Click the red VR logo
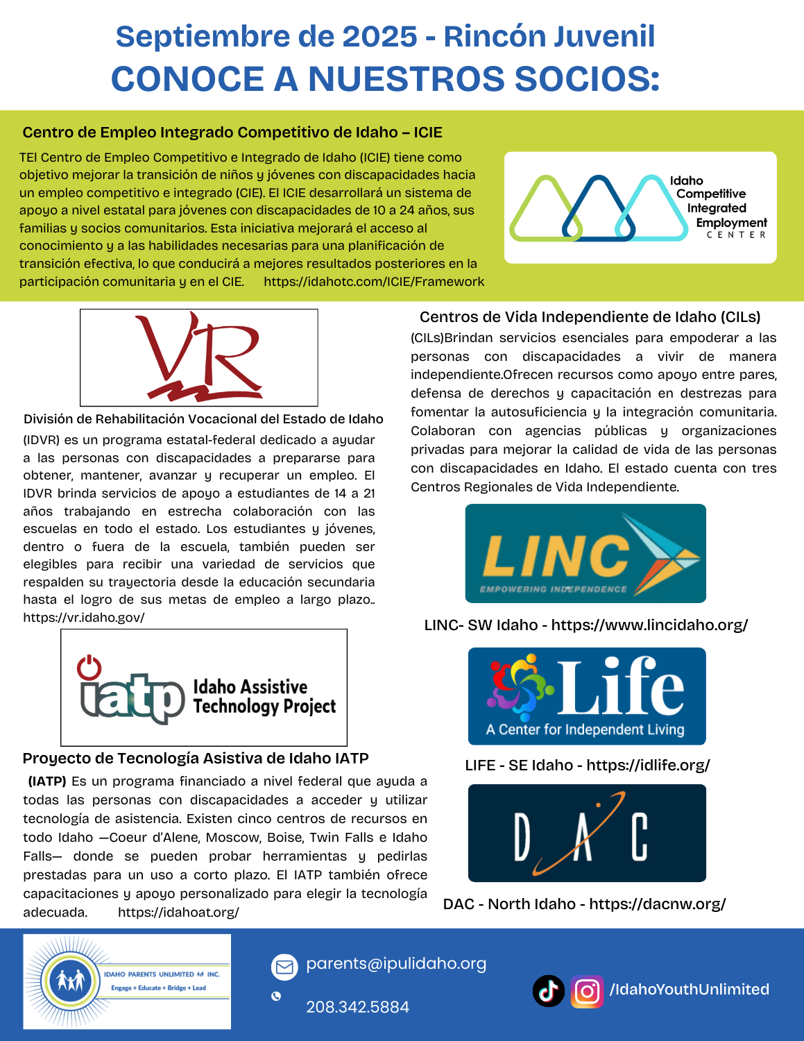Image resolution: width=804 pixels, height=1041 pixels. tap(199, 357)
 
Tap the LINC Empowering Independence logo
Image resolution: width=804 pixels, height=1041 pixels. tap(585, 553)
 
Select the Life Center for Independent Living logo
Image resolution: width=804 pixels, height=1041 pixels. tap(587, 696)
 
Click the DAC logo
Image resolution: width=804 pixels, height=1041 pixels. tap(587, 833)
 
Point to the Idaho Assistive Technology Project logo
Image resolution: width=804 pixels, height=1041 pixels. tap(204, 688)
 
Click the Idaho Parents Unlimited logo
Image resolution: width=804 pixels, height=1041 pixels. tap(127, 981)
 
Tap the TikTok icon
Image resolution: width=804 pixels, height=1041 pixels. tap(548, 990)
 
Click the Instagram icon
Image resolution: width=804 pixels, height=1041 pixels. tap(587, 990)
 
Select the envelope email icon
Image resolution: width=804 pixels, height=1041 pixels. tap(284, 966)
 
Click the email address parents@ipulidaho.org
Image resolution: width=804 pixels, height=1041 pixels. tap(396, 963)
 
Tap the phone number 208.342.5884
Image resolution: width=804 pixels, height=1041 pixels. tap(357, 1007)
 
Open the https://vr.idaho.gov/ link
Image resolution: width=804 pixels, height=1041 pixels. tap(84, 617)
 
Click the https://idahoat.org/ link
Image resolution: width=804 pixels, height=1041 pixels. tap(178, 912)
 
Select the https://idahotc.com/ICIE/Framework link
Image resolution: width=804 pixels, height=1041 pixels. tap(374, 282)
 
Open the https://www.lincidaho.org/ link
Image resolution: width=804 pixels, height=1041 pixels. tap(649, 625)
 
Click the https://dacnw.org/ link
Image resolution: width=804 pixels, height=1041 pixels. tap(657, 904)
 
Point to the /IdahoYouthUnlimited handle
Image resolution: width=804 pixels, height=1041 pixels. tap(689, 989)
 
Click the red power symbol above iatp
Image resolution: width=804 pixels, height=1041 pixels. tap(89, 668)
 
